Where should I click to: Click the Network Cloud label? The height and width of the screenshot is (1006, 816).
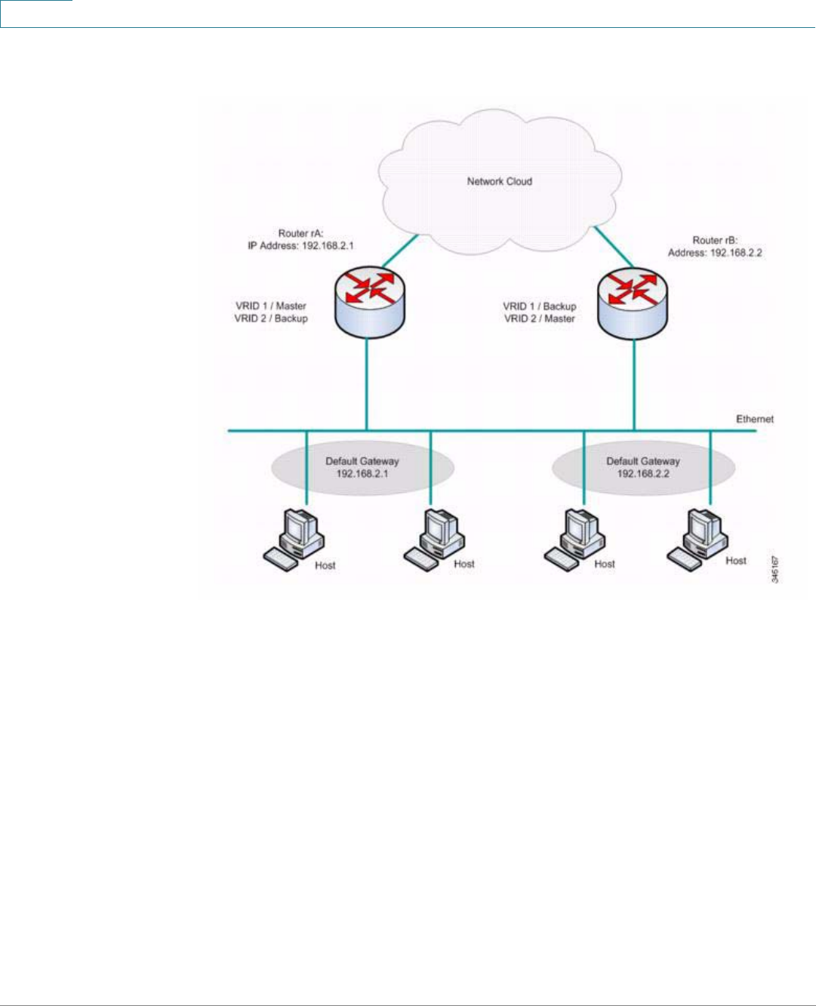499,182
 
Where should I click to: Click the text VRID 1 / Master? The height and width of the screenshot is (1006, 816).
271,306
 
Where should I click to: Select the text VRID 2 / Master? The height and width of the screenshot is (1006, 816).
539,318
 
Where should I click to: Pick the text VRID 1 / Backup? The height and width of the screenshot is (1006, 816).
539,306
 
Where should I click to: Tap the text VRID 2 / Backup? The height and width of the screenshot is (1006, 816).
271,318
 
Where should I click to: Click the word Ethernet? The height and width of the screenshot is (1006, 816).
755,419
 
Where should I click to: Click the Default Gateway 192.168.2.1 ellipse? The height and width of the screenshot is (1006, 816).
362,467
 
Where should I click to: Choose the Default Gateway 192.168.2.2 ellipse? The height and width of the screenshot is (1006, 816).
643,467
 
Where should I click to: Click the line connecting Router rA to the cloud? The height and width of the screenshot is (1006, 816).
400,251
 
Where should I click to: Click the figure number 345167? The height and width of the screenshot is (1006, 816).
775,569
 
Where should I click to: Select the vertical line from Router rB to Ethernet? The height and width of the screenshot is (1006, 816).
634,385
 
